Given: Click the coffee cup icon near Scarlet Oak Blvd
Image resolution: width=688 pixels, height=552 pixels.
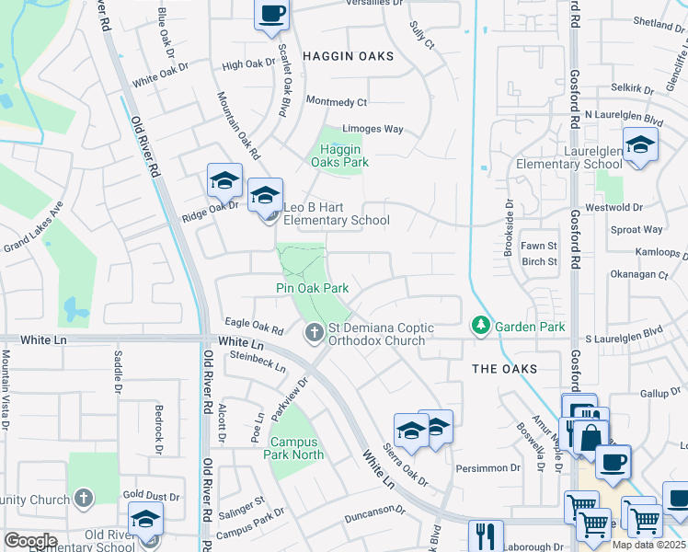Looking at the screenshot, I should coord(271,14).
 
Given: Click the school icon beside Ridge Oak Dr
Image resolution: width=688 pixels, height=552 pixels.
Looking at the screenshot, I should coord(224,180).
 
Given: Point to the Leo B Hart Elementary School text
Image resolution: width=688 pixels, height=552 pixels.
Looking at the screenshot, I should coord(336,213).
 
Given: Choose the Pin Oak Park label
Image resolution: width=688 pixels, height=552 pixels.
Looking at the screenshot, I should coord(312,288).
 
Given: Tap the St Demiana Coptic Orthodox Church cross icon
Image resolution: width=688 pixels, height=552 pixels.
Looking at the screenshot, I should coord(315,331).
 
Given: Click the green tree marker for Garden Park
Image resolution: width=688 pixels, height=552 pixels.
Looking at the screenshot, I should coord(480,326).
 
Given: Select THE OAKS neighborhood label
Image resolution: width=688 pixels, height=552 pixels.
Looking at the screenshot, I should coord(504,369).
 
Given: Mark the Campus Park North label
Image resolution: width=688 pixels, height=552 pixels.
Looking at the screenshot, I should coord(294,448).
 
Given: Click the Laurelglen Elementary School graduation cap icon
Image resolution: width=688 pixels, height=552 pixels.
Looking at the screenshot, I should coord(640,144).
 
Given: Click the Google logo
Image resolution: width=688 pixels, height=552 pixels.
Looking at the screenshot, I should coord(29,540).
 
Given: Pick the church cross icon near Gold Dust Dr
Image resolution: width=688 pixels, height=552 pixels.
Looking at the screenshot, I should coord(84,500).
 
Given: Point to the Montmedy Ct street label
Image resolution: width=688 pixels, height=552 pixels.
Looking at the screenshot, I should coord(336,102).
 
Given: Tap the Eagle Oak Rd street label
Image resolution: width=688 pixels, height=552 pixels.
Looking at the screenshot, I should coord(254,327).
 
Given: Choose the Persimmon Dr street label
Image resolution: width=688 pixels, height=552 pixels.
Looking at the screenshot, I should coord(487,467).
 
